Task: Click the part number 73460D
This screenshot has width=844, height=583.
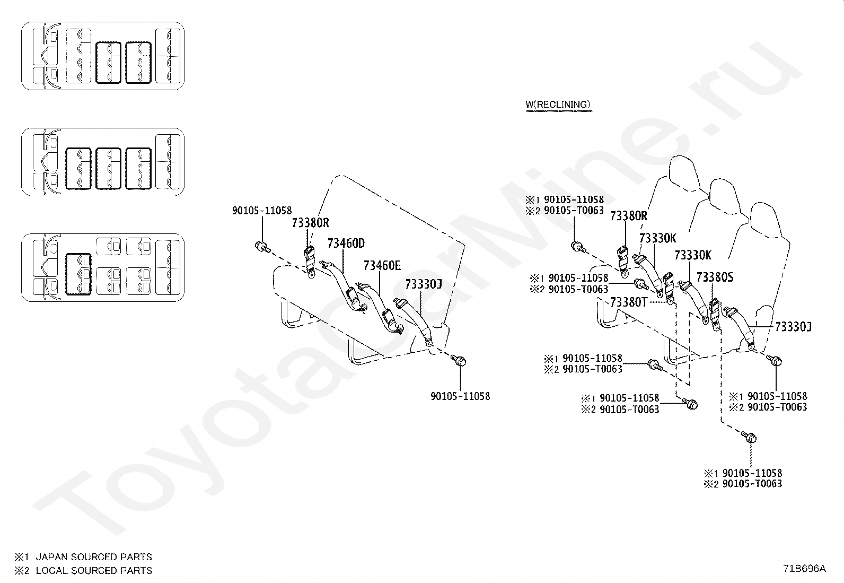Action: click(x=346, y=243)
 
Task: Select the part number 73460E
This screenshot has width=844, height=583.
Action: click(x=382, y=265)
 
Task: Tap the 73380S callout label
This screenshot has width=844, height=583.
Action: click(x=715, y=277)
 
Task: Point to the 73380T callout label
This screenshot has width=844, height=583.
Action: click(x=629, y=302)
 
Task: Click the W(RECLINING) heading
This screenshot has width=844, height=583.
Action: click(x=558, y=105)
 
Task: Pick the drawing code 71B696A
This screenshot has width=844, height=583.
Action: click(x=804, y=568)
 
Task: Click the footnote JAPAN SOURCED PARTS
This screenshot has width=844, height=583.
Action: click(x=93, y=557)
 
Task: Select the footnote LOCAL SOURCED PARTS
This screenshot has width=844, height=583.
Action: click(x=93, y=571)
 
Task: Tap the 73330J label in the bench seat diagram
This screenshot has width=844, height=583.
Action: click(x=423, y=284)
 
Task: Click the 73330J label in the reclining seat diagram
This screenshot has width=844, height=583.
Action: click(x=793, y=327)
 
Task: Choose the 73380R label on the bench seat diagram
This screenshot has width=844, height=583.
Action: click(x=310, y=223)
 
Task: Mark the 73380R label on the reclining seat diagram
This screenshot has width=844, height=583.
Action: click(x=628, y=216)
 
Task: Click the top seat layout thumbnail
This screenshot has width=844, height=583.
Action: click(x=103, y=56)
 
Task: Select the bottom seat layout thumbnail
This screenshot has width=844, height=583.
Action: click(x=103, y=267)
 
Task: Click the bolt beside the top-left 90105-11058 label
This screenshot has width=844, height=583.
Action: click(x=262, y=246)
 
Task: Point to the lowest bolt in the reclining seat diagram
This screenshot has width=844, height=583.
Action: click(x=750, y=437)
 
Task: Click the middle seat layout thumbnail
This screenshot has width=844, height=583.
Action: click(x=103, y=162)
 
